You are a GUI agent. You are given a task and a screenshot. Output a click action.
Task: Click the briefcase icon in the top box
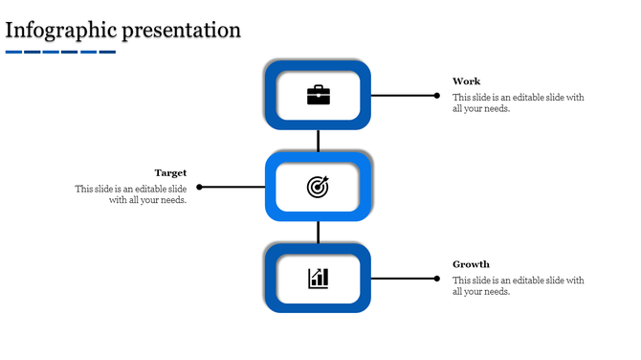(x=318, y=95)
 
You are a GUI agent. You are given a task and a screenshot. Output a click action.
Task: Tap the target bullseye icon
(x=318, y=187)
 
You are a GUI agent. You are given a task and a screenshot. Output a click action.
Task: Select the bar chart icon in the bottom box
(x=318, y=278)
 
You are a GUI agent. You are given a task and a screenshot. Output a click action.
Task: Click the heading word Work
(x=467, y=81)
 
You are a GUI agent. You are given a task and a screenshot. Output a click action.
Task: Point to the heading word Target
(x=170, y=173)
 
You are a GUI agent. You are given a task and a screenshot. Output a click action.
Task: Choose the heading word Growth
(x=471, y=264)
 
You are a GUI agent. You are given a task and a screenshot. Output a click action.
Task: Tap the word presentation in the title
(x=182, y=30)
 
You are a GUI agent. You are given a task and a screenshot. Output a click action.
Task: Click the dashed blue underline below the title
(x=60, y=52)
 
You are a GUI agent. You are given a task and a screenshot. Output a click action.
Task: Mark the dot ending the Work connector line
(x=437, y=95)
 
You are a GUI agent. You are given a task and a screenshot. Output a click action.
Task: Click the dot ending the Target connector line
(x=199, y=187)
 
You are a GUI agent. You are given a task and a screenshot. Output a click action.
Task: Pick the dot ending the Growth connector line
(x=437, y=278)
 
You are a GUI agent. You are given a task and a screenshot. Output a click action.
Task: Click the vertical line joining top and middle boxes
(x=318, y=141)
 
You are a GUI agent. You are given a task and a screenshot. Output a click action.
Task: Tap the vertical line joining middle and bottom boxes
(x=318, y=232)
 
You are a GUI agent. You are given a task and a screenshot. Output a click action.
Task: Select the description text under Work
(x=518, y=103)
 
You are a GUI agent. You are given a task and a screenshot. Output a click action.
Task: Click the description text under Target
(x=131, y=194)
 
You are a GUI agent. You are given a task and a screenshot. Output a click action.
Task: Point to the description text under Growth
(x=518, y=286)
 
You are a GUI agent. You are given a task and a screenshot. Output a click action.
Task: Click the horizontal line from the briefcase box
(x=402, y=95)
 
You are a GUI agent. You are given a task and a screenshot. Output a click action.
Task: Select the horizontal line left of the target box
(x=232, y=187)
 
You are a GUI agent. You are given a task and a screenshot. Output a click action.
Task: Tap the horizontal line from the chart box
(x=402, y=278)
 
